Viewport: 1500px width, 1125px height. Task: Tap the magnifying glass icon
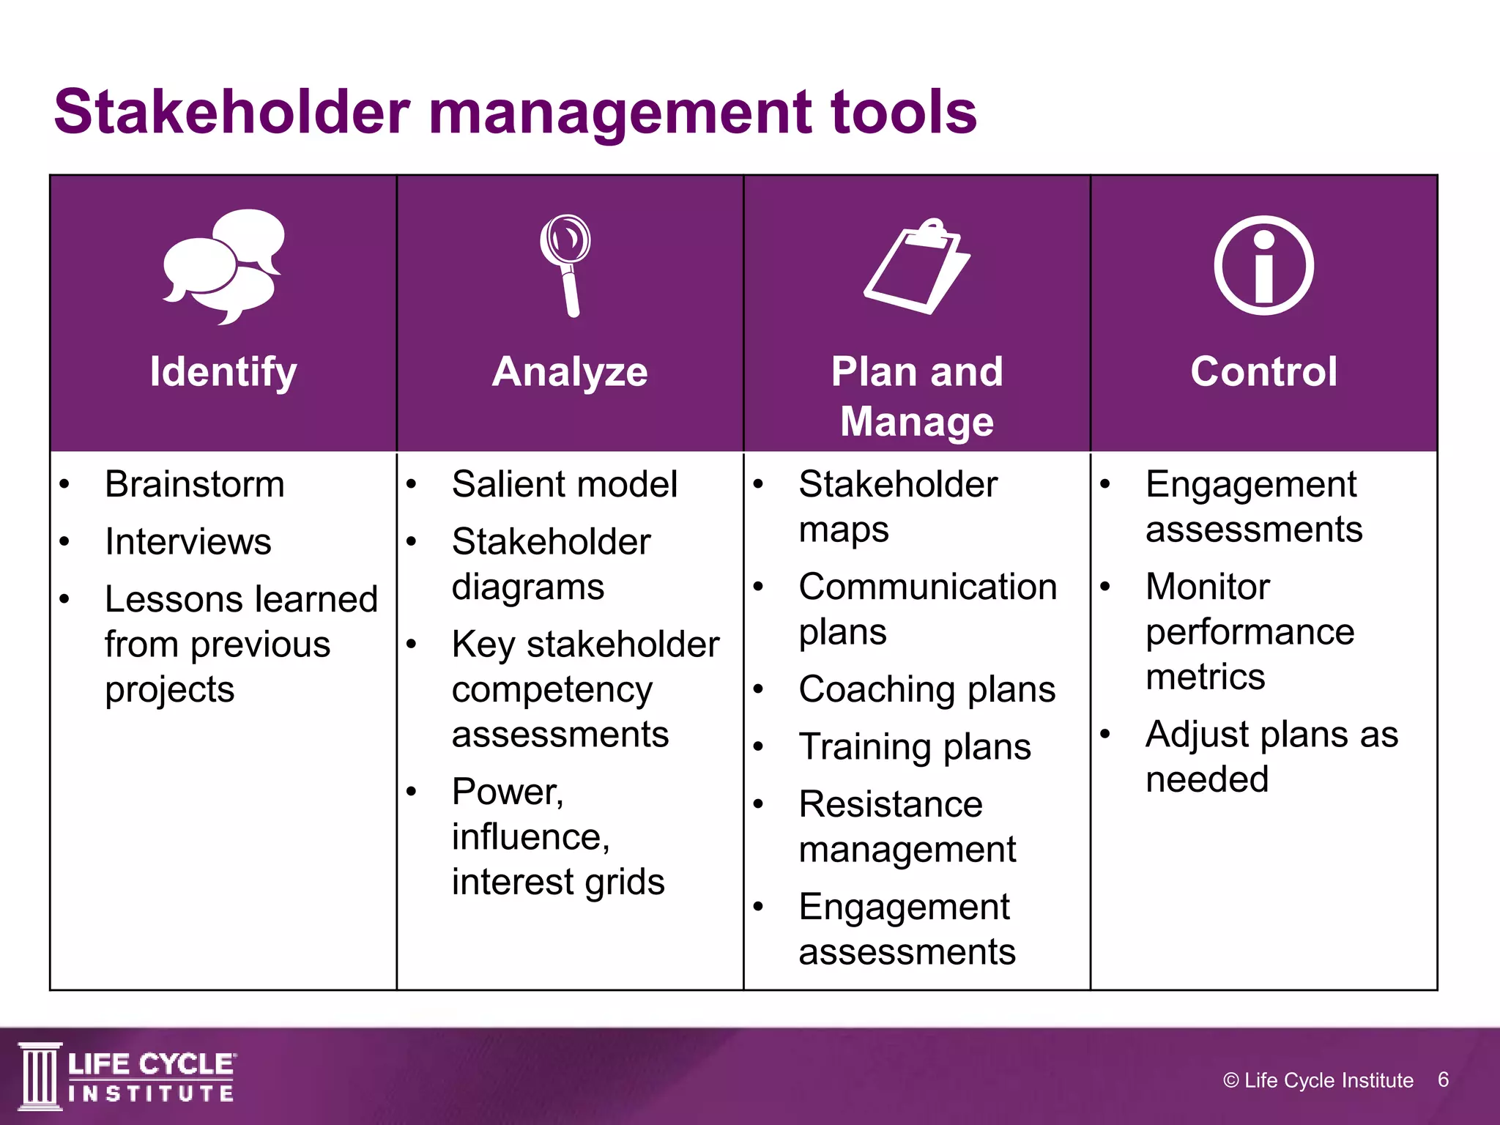[566, 264]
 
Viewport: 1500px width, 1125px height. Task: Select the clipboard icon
[917, 267]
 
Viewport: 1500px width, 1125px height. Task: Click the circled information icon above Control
[1263, 265]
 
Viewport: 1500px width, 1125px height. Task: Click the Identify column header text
[223, 371]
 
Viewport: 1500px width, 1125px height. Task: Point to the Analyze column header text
[570, 371]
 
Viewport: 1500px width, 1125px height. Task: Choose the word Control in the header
[1263, 371]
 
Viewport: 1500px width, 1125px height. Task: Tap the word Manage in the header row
[917, 422]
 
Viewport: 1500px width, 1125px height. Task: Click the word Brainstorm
[195, 484]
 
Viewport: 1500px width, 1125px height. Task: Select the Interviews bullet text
[188, 542]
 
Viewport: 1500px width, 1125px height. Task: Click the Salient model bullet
[565, 484]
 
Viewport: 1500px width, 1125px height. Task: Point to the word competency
[552, 690]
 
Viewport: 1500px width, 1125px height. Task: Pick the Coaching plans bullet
[927, 689]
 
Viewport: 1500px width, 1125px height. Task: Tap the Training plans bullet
[915, 747]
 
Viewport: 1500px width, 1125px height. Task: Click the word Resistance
[891, 804]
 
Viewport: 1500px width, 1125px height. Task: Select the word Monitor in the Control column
[1208, 587]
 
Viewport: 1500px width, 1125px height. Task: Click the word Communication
[928, 587]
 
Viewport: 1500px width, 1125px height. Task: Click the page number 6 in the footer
[1443, 1080]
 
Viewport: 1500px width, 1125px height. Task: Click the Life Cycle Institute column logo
[40, 1076]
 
